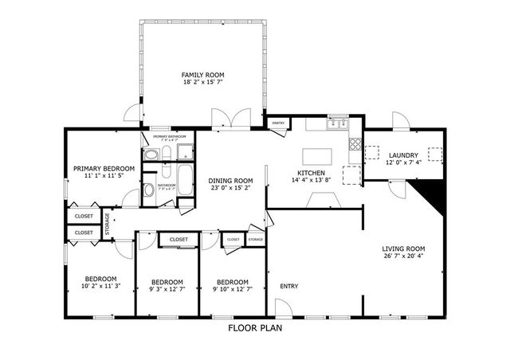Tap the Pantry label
tap(278, 123)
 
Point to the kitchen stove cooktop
tap(355, 145)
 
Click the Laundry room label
tap(402, 155)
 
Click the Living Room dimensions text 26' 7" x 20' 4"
tap(402, 256)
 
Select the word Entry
tap(288, 286)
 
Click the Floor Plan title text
tap(254, 327)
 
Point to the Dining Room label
tap(231, 180)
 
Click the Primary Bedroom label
tap(104, 168)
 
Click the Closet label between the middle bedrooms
tap(178, 239)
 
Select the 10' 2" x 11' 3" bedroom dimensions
tap(100, 285)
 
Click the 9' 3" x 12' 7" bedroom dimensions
tap(167, 289)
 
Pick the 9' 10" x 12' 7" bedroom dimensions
tap(232, 289)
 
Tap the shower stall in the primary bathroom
tap(185, 153)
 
